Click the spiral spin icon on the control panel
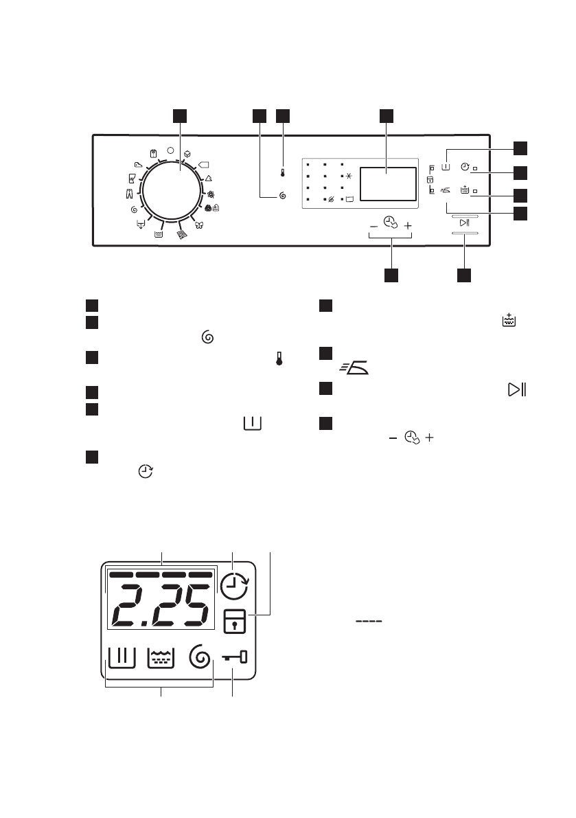click(282, 197)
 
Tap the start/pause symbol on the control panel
click(465, 222)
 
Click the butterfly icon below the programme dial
click(199, 224)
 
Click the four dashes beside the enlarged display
click(367, 622)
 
